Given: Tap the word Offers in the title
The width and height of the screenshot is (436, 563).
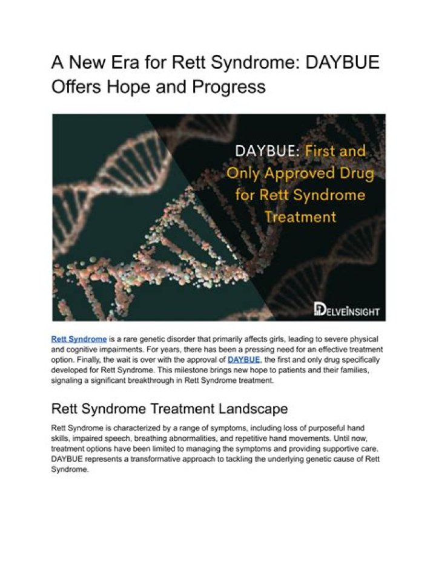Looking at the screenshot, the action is (76, 86).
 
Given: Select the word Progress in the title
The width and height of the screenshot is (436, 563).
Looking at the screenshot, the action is (229, 87).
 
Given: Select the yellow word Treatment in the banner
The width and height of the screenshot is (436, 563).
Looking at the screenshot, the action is (300, 217).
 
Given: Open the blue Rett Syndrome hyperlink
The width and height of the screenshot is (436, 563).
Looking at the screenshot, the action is (79, 339).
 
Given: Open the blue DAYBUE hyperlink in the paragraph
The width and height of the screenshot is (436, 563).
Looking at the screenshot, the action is (243, 360).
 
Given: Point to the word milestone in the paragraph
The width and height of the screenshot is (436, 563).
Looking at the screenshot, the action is (187, 370).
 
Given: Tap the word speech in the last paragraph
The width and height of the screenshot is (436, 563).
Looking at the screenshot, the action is (122, 439).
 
